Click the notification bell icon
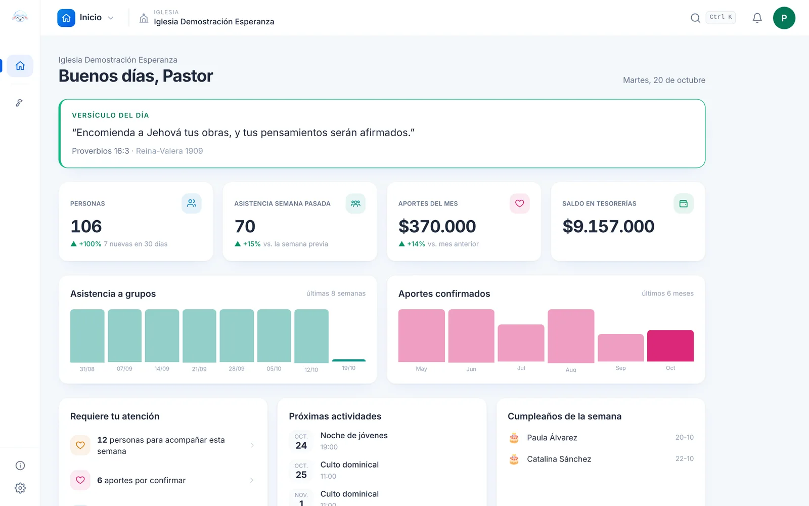(757, 18)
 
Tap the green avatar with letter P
(784, 18)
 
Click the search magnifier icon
(695, 18)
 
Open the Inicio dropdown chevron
(111, 18)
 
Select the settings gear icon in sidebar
(20, 488)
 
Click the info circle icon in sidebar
(20, 466)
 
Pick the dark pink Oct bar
(670, 346)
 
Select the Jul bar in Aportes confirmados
(521, 343)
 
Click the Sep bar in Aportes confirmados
(620, 348)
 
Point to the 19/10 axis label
(348, 368)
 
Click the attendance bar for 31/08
(87, 336)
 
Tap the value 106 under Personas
(86, 226)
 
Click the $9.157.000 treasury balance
(608, 226)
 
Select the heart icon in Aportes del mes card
(519, 203)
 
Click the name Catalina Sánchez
(559, 459)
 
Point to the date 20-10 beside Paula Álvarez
(685, 437)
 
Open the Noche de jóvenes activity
(354, 436)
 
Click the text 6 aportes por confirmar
(141, 480)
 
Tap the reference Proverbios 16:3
(101, 151)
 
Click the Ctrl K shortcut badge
(721, 17)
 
